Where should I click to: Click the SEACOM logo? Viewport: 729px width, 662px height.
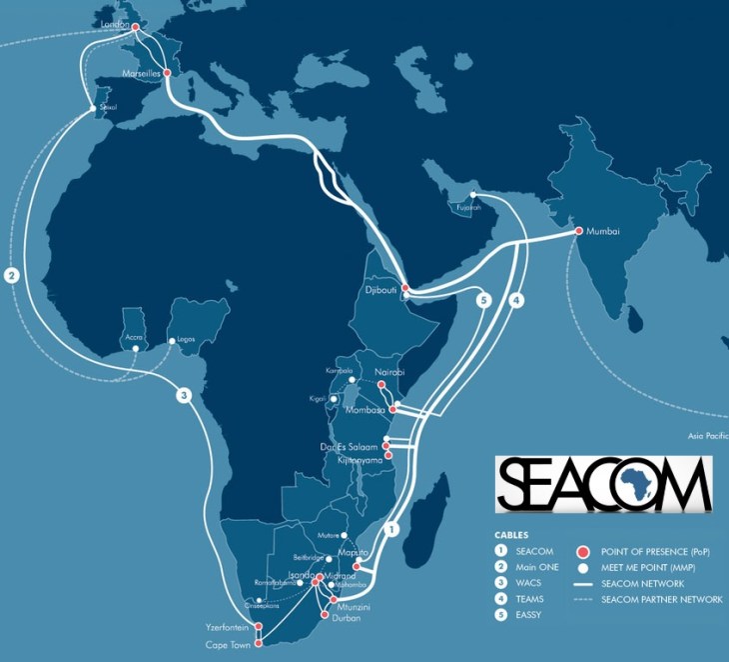pos(603,484)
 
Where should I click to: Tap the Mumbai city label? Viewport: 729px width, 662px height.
pos(604,231)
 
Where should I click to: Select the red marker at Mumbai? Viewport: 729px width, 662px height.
pos(579,232)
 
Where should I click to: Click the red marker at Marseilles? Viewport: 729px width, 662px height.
pos(167,74)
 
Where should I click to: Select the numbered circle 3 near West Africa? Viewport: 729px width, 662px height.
pos(184,395)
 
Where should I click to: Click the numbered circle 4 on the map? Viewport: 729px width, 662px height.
pos(515,300)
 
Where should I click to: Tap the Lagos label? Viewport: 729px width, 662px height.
pos(185,340)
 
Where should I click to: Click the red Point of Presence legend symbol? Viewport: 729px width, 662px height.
pos(584,550)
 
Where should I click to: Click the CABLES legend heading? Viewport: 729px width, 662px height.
pos(511,534)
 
